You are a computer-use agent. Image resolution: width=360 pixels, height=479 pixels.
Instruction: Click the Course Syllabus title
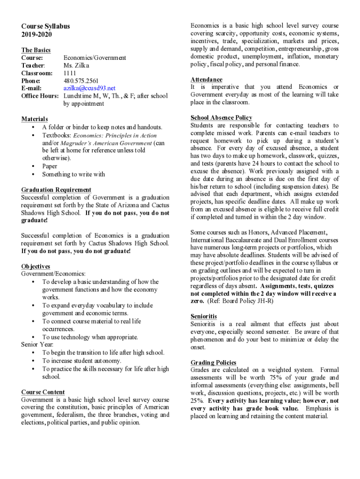point(45,26)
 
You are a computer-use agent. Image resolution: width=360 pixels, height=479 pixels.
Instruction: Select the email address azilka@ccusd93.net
point(89,88)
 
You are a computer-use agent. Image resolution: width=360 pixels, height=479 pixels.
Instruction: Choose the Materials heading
point(35,119)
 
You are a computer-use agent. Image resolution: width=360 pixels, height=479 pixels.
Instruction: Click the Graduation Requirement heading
point(56,189)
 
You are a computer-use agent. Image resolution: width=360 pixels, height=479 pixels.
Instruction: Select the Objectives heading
point(36,266)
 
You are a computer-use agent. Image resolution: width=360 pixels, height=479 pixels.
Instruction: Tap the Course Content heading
point(43,392)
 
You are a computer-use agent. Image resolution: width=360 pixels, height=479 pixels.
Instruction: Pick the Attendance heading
point(206,80)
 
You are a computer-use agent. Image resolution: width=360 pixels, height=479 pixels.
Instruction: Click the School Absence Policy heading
point(221,117)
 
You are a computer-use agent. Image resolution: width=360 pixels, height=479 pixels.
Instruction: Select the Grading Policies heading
point(213,363)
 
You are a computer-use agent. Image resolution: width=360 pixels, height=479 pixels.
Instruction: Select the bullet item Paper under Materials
point(50,166)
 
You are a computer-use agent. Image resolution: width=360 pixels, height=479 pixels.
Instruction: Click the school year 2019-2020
point(36,35)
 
